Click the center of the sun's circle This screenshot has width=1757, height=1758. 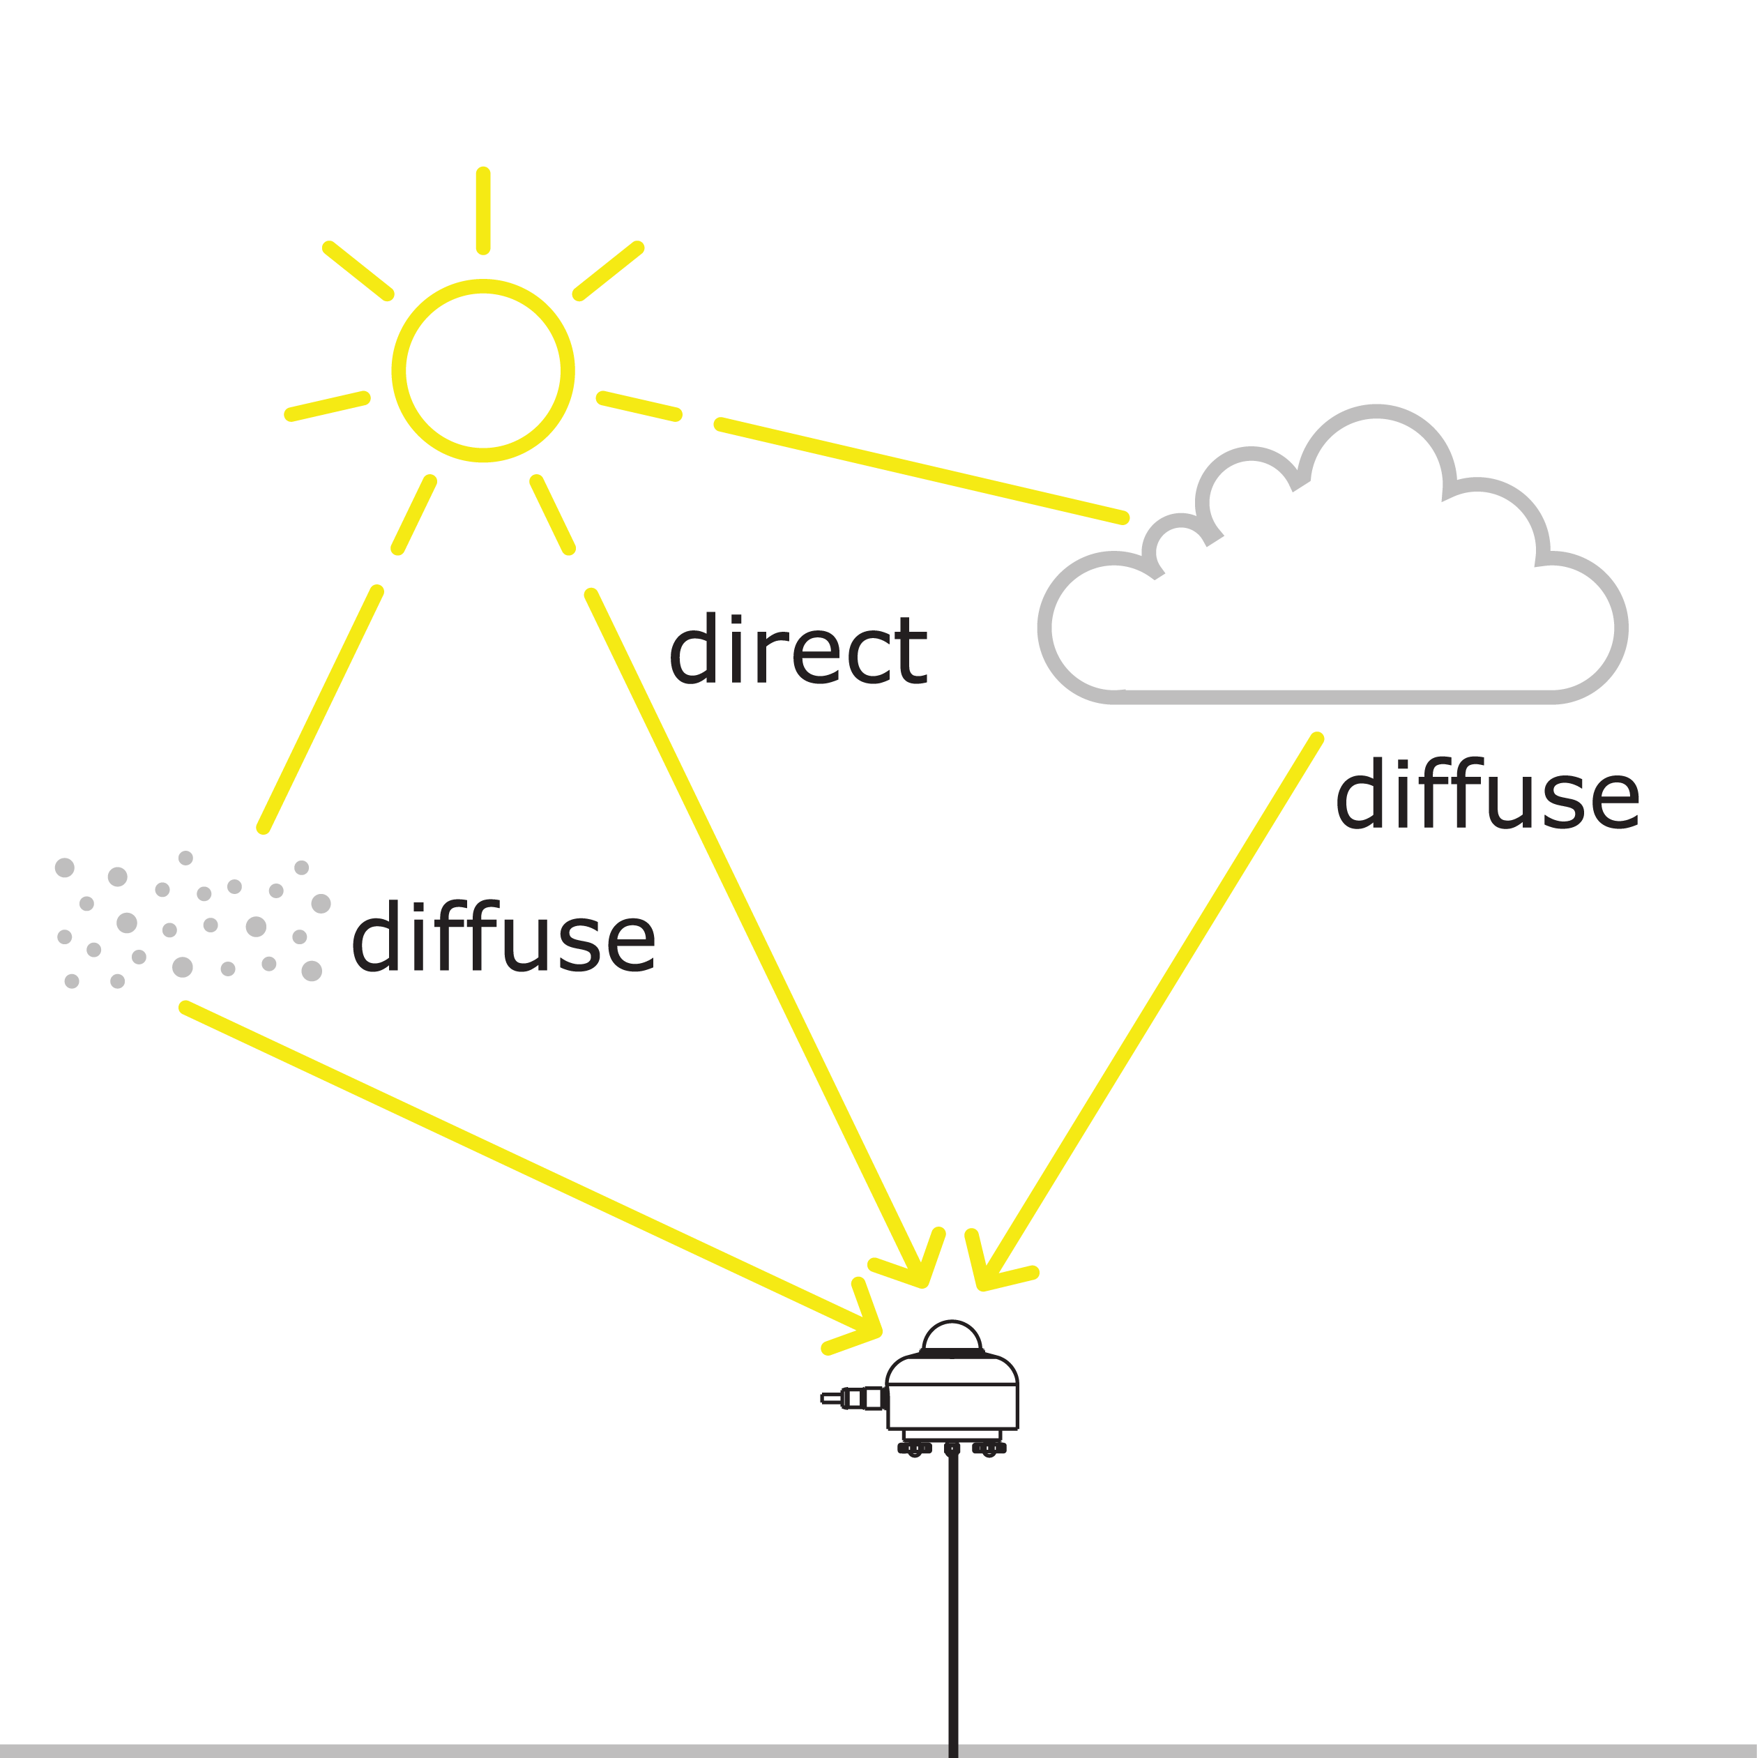(x=482, y=370)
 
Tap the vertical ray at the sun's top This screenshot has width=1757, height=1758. (x=483, y=210)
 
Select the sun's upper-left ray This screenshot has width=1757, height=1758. (x=358, y=271)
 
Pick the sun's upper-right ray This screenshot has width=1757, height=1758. (x=608, y=271)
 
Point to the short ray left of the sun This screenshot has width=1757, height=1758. (x=328, y=406)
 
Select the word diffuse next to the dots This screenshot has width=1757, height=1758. (x=503, y=938)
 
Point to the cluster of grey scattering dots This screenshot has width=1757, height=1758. (x=191, y=921)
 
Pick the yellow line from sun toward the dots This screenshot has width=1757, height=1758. (x=320, y=710)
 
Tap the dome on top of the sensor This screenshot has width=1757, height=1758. (x=952, y=1338)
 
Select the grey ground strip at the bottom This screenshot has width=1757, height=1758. (x=455, y=1751)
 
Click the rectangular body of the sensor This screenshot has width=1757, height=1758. (x=952, y=1405)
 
